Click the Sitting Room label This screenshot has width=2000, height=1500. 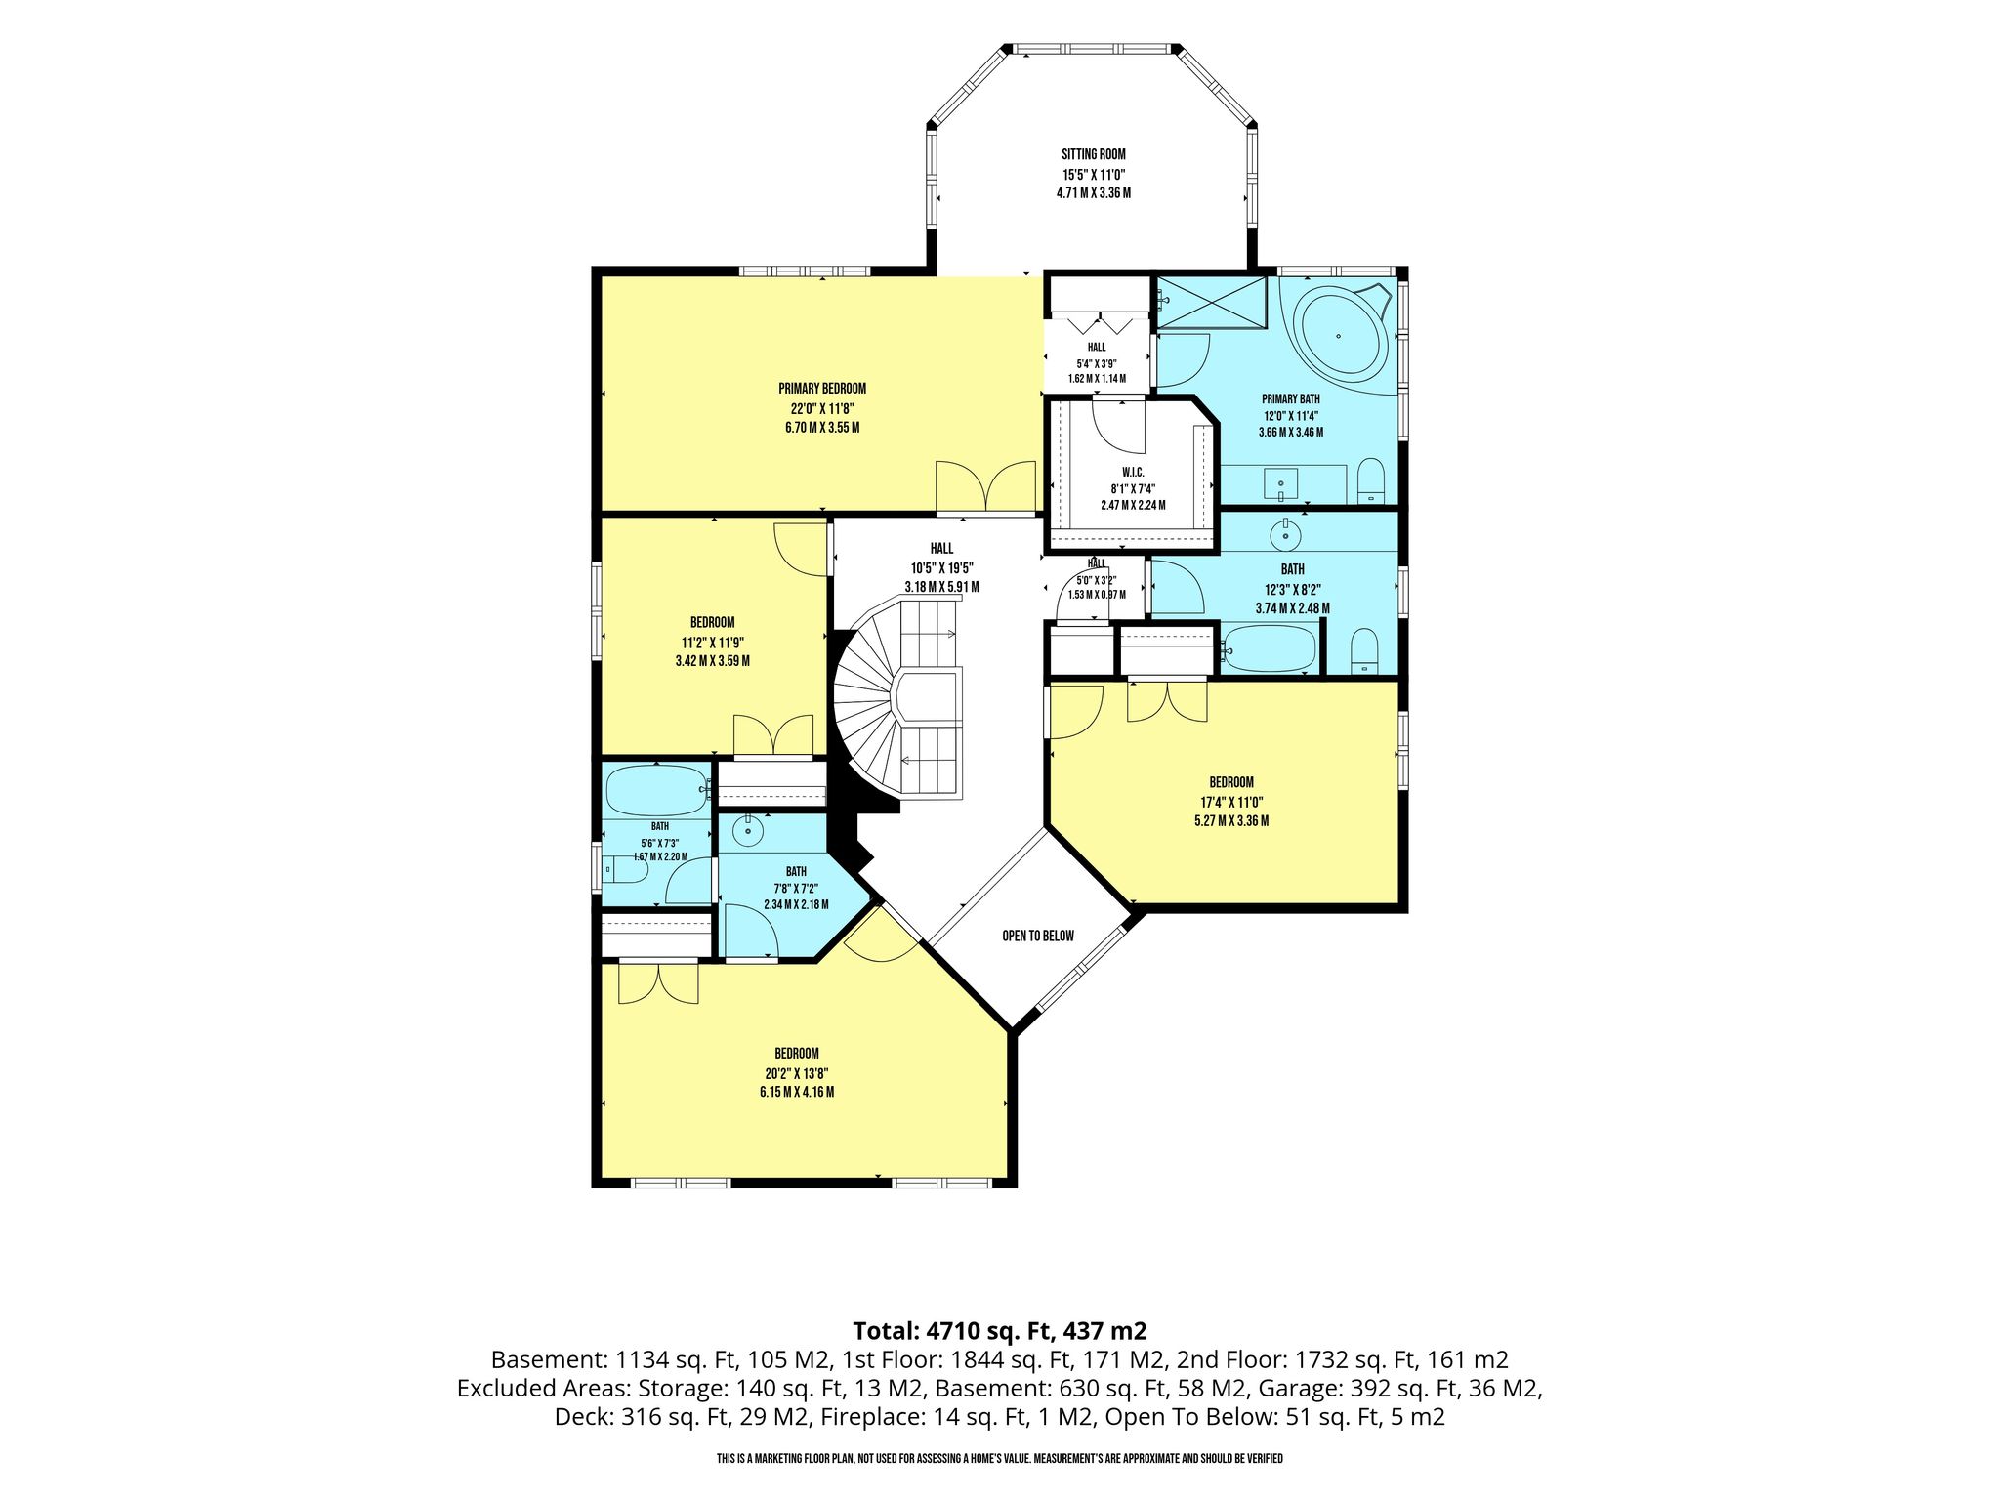(x=1093, y=154)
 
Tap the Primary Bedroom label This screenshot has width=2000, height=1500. (x=822, y=389)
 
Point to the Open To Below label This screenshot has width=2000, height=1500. (x=1038, y=936)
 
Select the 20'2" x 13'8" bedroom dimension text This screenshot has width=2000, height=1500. (x=797, y=1073)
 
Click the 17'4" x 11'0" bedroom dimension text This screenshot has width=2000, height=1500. (x=1231, y=802)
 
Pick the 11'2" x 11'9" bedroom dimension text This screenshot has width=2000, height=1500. (x=713, y=643)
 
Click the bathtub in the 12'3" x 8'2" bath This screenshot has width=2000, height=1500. (x=1269, y=646)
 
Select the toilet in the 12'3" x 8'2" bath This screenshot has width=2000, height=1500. (x=1364, y=649)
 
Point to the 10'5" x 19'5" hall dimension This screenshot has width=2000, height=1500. (x=941, y=568)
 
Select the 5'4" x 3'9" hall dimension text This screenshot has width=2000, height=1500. (x=1097, y=364)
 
